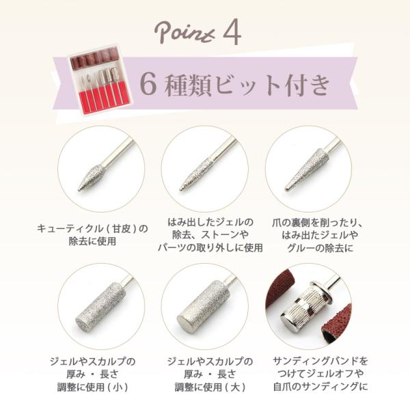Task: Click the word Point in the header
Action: [x=185, y=32]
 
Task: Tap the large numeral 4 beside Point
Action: [x=232, y=32]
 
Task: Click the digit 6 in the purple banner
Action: [x=148, y=85]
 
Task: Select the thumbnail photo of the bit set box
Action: [x=100, y=80]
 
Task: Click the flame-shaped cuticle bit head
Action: [x=90, y=177]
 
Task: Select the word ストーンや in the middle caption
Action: [x=225, y=234]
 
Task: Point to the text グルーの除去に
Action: [x=320, y=247]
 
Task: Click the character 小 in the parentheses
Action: [x=118, y=387]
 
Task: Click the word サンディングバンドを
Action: [x=320, y=361]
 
